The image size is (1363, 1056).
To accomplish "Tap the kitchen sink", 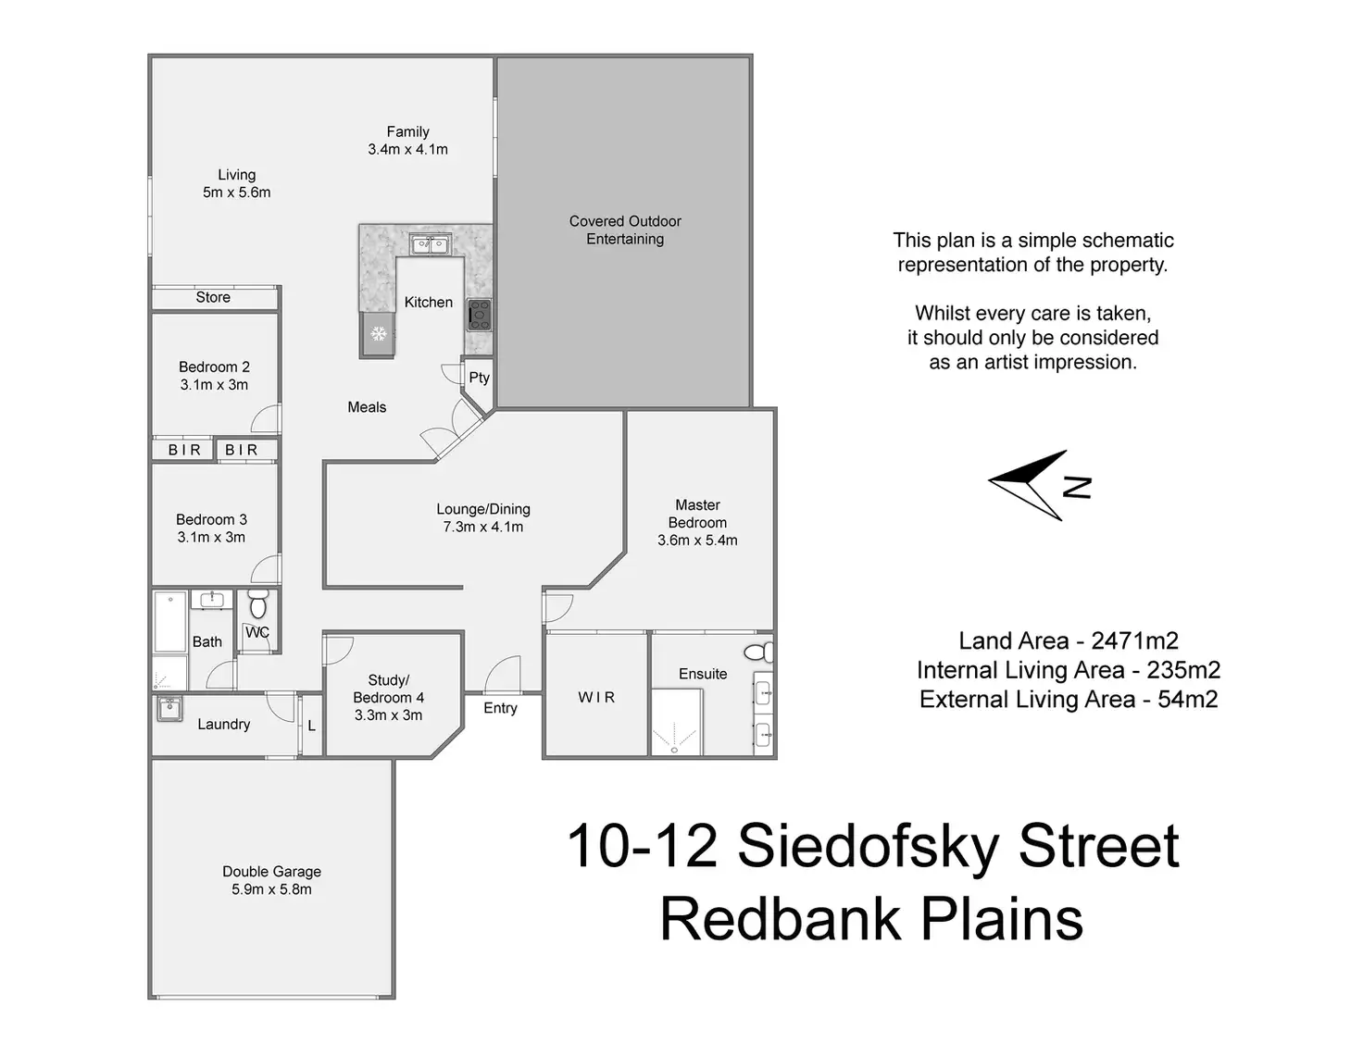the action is pyautogui.click(x=431, y=244).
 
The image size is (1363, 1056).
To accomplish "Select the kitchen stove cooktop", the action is pyautogui.click(x=479, y=315).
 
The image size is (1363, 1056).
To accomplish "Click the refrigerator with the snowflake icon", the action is pyautogui.click(x=378, y=333).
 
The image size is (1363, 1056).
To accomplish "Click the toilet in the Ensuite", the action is pyautogui.click(x=759, y=652).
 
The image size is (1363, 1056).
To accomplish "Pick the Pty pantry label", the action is pyautogui.click(x=479, y=377).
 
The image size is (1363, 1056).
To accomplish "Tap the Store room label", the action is pyautogui.click(x=213, y=297).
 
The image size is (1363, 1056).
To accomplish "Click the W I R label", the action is pyautogui.click(x=596, y=697).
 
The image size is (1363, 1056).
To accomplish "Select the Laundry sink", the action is pyautogui.click(x=169, y=709).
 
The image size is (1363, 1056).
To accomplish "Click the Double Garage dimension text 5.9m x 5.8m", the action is pyautogui.click(x=271, y=889).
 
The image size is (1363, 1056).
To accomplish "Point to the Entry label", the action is pyautogui.click(x=500, y=708).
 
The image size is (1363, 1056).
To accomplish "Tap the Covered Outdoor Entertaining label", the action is pyautogui.click(x=625, y=230).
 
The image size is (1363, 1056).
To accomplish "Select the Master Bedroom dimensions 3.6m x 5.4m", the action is pyautogui.click(x=697, y=540).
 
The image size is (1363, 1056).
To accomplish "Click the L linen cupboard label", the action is pyautogui.click(x=311, y=727).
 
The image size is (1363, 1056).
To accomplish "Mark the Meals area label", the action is pyautogui.click(x=367, y=407).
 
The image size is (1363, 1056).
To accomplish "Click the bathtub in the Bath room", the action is pyautogui.click(x=170, y=622).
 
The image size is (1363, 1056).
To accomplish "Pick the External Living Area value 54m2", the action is pyautogui.click(x=1188, y=700).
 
